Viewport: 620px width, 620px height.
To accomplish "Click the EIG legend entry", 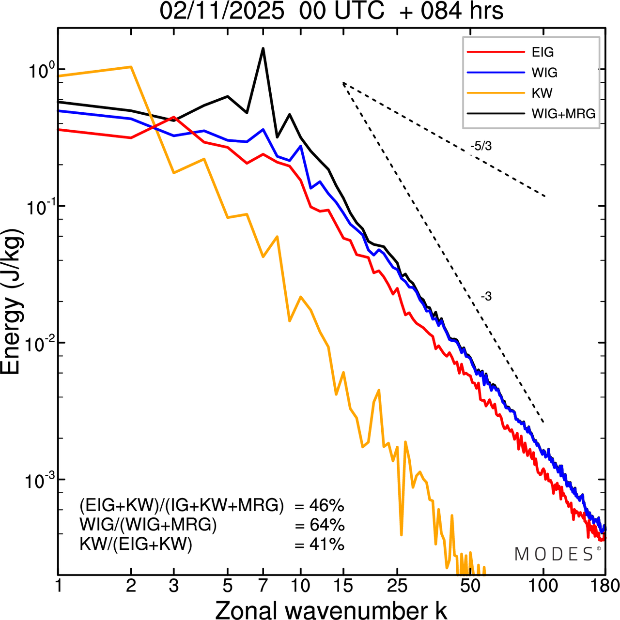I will (x=542, y=52).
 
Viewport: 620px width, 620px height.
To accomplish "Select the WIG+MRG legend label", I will (x=563, y=113).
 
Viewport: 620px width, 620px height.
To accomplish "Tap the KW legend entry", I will (x=542, y=93).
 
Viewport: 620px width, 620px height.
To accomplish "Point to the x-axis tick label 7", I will (x=263, y=586).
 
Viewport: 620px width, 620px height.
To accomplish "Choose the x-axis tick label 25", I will (x=398, y=586).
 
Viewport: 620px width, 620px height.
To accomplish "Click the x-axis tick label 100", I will (x=543, y=586).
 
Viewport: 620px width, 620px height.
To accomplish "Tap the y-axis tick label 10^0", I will (x=39, y=71).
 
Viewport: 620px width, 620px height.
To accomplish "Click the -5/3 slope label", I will (x=480, y=146).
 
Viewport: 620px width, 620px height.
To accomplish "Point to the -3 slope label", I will (x=486, y=297).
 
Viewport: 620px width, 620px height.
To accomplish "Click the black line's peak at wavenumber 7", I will (x=263, y=48).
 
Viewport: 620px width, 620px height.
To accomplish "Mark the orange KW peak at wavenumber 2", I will (x=131, y=67).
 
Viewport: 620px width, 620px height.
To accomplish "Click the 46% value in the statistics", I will (x=326, y=506).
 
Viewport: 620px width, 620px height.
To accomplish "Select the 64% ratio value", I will (x=326, y=525).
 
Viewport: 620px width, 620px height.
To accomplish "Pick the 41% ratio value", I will (x=326, y=544).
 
